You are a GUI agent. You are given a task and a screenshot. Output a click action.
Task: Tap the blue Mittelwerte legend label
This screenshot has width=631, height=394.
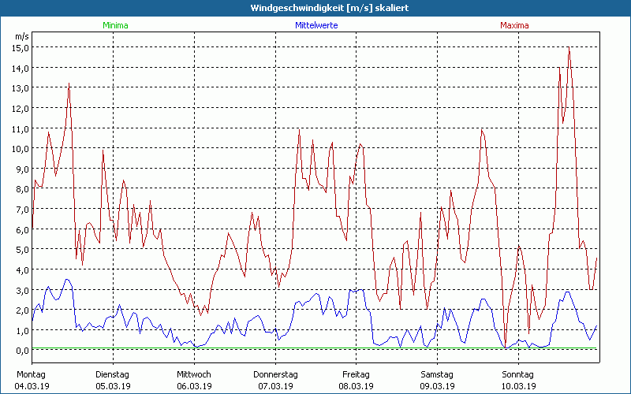point(315,25)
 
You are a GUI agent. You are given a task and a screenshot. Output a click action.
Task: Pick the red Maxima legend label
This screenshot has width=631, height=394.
point(514,25)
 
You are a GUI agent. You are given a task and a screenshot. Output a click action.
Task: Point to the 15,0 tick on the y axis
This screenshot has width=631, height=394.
point(20,47)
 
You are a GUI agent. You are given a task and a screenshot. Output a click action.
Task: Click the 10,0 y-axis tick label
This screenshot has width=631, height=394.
point(20,148)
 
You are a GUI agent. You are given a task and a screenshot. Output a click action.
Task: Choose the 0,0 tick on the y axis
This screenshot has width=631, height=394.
point(21,350)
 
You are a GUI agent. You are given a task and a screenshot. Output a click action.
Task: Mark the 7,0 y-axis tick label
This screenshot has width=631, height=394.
point(21,209)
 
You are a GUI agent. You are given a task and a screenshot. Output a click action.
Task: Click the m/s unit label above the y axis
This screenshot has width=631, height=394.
point(21,36)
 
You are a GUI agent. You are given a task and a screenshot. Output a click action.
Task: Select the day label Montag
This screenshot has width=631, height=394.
point(31,374)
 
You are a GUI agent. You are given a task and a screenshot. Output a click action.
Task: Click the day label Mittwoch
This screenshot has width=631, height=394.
point(194,374)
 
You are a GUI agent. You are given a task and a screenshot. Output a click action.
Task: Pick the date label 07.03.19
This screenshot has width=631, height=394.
point(275,386)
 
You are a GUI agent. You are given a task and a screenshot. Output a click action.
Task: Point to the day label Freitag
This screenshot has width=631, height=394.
point(356,374)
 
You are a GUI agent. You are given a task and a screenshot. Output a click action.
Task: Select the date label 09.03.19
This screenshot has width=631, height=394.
point(436,386)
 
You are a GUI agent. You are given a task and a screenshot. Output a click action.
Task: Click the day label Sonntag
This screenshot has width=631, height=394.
point(517,374)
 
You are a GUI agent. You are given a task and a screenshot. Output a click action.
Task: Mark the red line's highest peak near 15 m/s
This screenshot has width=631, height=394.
point(569,48)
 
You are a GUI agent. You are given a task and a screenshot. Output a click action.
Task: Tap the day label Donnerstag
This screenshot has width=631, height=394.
point(275,374)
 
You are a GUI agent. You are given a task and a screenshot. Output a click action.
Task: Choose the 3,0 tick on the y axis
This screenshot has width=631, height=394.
point(21,289)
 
